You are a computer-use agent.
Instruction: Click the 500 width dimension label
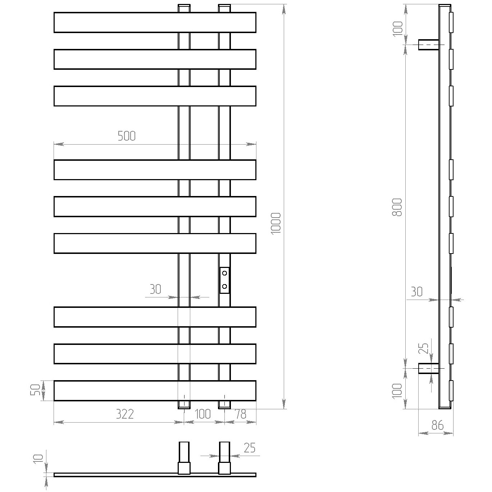(127, 136)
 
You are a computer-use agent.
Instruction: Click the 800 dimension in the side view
(397, 207)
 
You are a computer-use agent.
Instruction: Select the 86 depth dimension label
(437, 425)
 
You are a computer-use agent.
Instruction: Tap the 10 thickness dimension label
(38, 459)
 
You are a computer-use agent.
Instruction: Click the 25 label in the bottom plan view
(250, 447)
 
